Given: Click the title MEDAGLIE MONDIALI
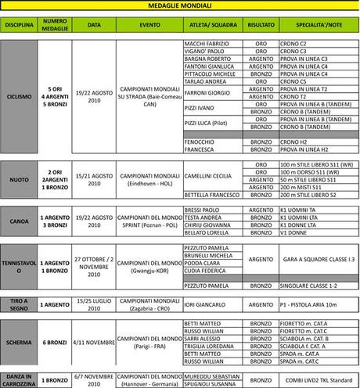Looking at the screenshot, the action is click(179, 5).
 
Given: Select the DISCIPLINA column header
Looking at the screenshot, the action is click(19, 25).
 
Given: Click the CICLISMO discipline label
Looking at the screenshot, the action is click(19, 96).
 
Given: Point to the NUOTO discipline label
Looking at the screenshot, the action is click(19, 179).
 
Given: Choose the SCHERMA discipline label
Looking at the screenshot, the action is click(19, 341).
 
